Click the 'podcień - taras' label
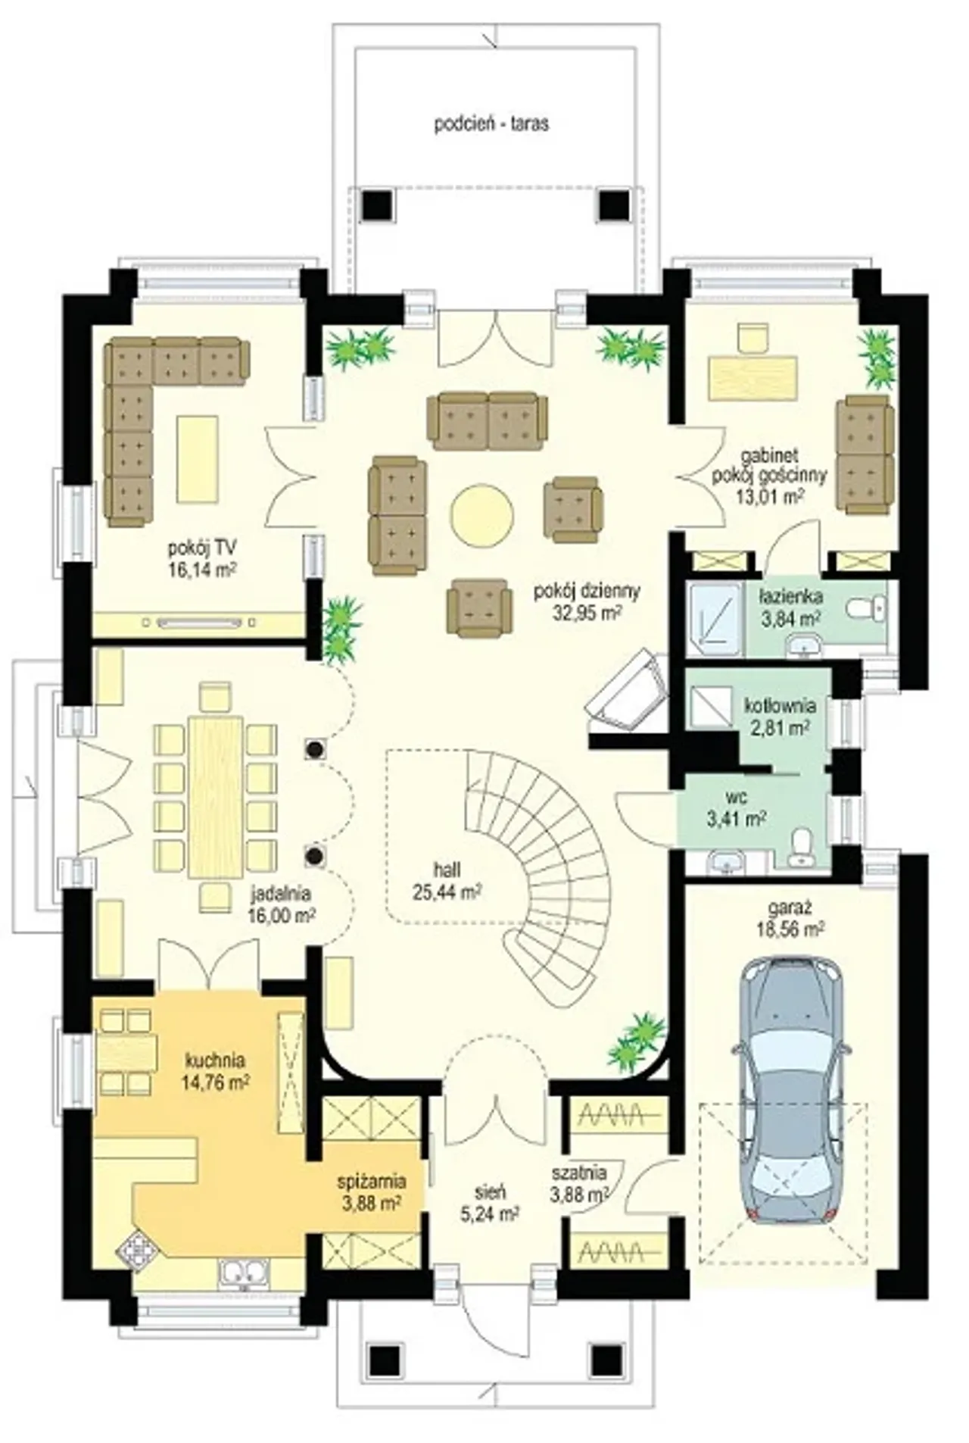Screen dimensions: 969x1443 pyautogui.click(x=491, y=124)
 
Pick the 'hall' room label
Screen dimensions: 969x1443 pyautogui.click(x=447, y=871)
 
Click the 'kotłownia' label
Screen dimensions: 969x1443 pyautogui.click(x=780, y=706)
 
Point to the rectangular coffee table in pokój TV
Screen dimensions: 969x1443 pyautogui.click(x=198, y=459)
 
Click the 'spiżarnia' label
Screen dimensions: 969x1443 pyautogui.click(x=372, y=1181)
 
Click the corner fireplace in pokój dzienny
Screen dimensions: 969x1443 pyautogui.click(x=627, y=693)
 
